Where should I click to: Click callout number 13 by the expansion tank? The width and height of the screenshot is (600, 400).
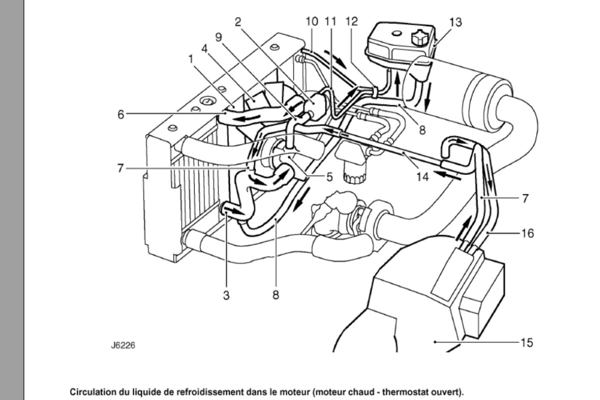[x=455, y=22]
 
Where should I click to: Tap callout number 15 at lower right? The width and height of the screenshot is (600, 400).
[x=527, y=342]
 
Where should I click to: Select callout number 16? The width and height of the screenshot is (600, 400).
[x=527, y=233]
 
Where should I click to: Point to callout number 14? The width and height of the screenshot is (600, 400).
[x=423, y=177]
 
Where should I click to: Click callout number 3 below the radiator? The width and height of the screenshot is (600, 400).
[x=227, y=295]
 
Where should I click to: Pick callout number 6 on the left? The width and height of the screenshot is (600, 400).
[x=121, y=114]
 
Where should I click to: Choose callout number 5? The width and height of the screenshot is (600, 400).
[x=329, y=177]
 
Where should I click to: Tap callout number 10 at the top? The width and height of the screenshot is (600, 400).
[x=312, y=21]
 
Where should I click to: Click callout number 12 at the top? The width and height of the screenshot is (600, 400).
[x=351, y=21]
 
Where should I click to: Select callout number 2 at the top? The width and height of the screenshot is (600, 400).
[x=238, y=22]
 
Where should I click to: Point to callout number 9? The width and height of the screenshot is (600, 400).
[x=218, y=37]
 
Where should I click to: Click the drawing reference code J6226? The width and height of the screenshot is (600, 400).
[x=123, y=345]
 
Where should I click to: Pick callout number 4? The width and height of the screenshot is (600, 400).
[x=205, y=49]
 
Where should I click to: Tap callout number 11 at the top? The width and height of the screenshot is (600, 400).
[x=330, y=21]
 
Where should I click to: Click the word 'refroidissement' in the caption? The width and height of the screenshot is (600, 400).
[x=218, y=392]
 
